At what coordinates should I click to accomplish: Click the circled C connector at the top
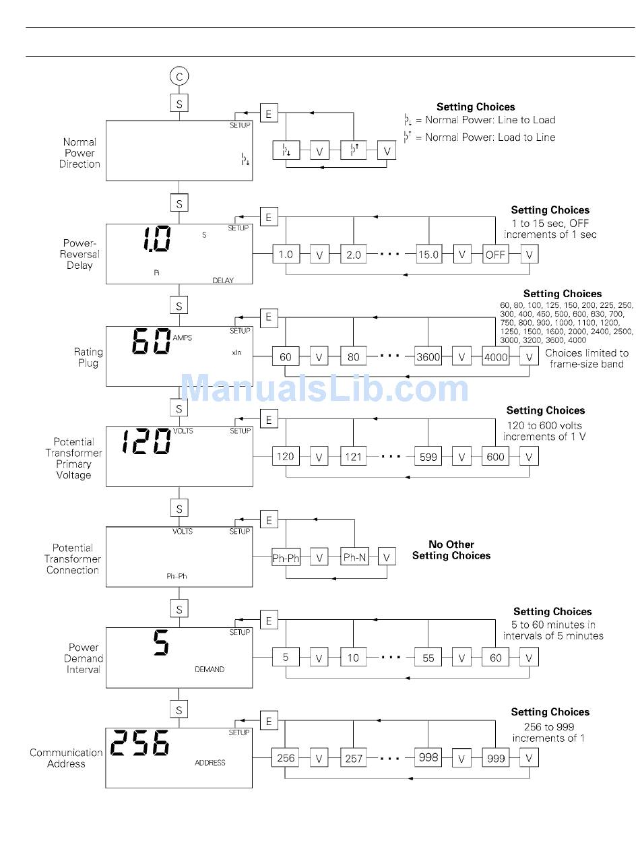[179, 77]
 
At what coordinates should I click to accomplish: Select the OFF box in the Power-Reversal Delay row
[495, 255]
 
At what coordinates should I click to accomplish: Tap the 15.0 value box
[428, 255]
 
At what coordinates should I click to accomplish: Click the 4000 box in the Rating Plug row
[496, 357]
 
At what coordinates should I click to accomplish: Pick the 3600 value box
[428, 357]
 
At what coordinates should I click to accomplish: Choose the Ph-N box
[354, 557]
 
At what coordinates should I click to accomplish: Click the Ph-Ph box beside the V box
[286, 557]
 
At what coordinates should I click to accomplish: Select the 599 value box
[428, 457]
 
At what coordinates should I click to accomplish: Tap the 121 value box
[353, 457]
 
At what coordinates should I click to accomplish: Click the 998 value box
[428, 758]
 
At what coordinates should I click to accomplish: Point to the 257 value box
[353, 758]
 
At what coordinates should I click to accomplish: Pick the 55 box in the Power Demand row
[428, 658]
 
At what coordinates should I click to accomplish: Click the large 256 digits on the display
[139, 744]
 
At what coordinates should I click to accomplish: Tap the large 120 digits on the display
[146, 442]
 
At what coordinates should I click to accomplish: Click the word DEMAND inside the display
[210, 669]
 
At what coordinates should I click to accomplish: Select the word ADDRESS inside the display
[210, 763]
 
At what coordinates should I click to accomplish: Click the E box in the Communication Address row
[268, 722]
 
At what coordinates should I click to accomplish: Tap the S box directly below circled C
[179, 104]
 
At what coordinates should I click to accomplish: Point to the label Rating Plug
[88, 357]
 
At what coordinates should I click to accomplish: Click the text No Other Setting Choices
[451, 550]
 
